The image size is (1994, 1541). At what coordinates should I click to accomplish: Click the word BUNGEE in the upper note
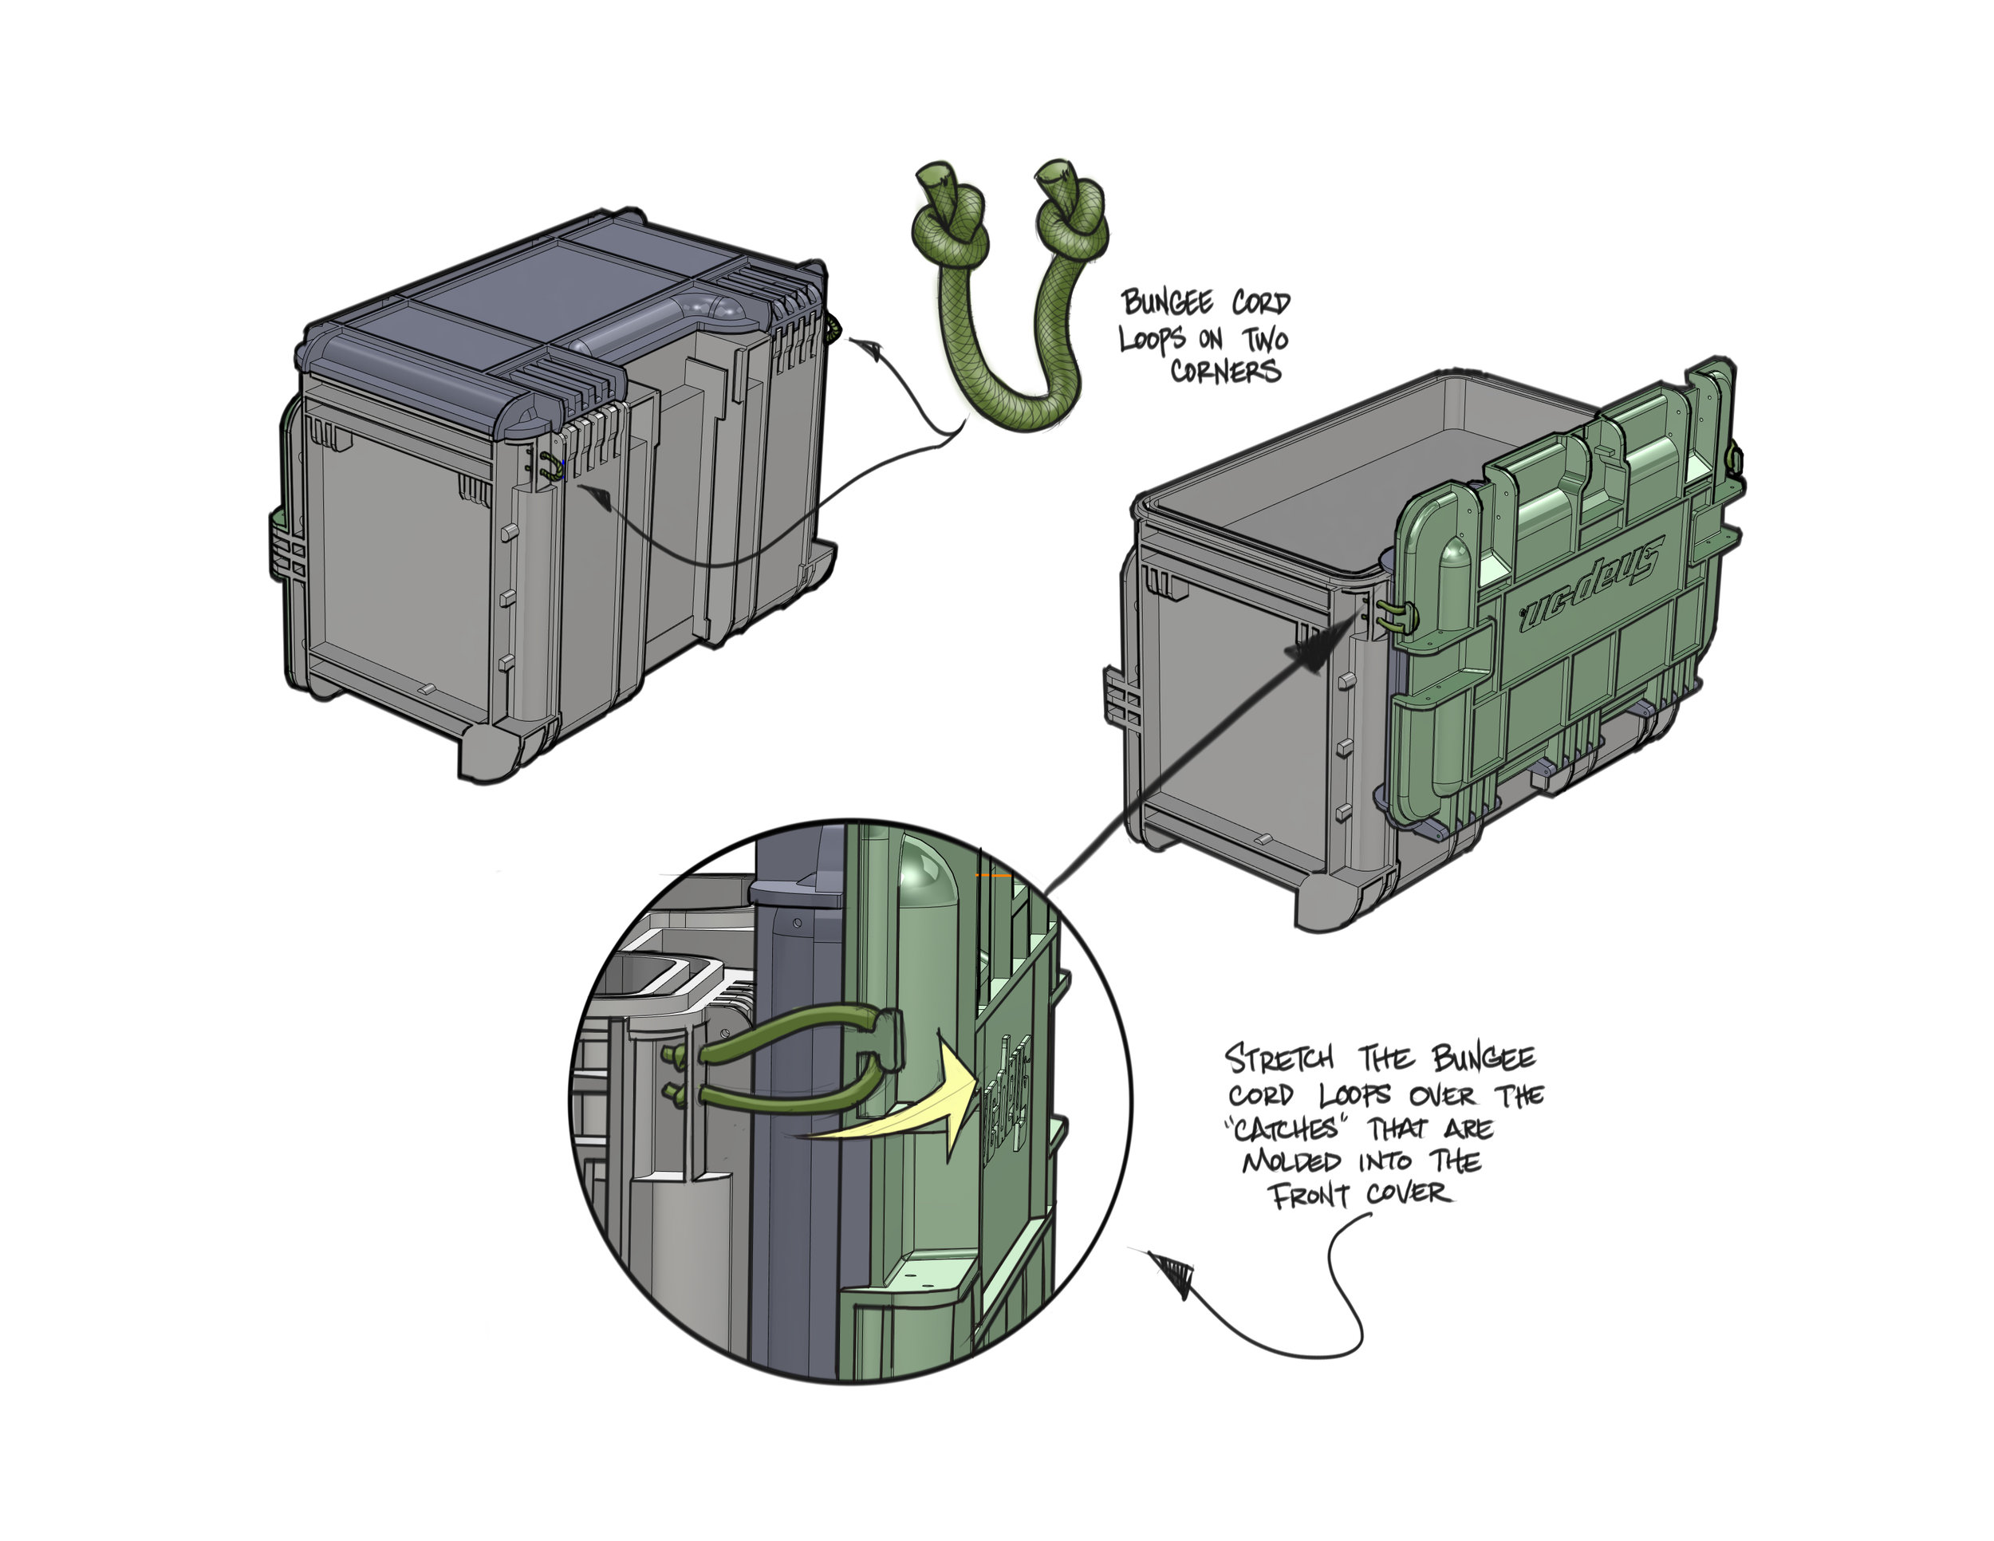(x=1172, y=302)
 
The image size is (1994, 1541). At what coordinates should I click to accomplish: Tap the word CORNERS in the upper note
(x=1225, y=371)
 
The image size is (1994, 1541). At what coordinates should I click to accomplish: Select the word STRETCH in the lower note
(x=1279, y=1060)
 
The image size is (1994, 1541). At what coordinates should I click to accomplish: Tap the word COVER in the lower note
(x=1409, y=1193)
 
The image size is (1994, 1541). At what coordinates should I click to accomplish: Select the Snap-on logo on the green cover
(x=1590, y=585)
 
